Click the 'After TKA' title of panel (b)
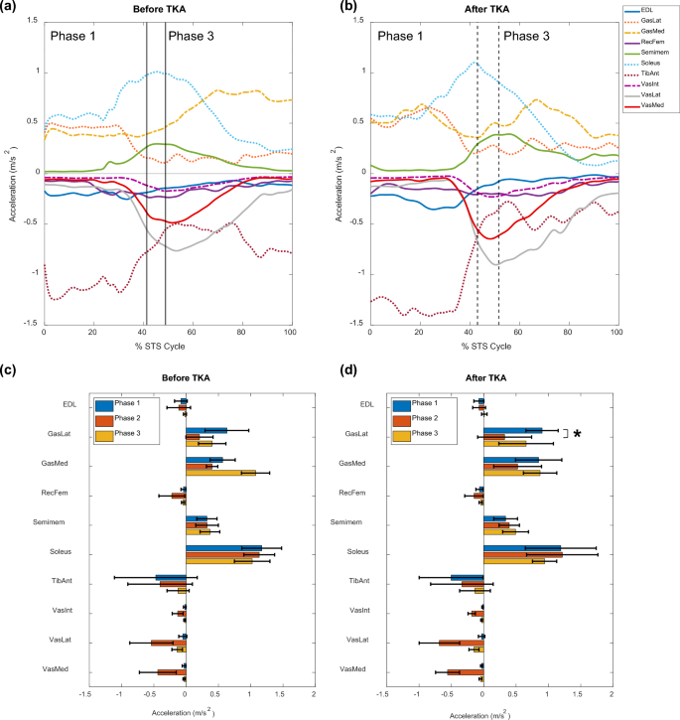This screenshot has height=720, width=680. [x=492, y=7]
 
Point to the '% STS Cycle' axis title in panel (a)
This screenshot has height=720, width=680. [x=168, y=347]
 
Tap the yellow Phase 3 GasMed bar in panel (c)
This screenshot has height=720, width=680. [x=220, y=473]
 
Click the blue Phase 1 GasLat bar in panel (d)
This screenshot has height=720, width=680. [x=512, y=430]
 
